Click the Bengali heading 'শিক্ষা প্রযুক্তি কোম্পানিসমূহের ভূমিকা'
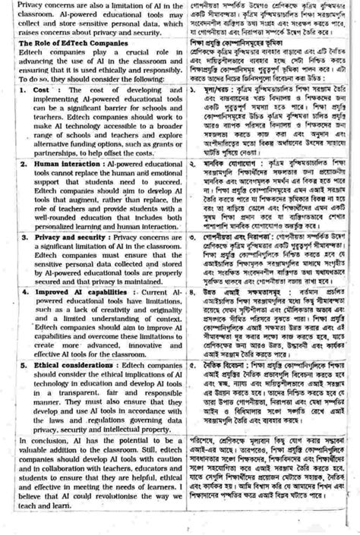click(239, 66)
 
